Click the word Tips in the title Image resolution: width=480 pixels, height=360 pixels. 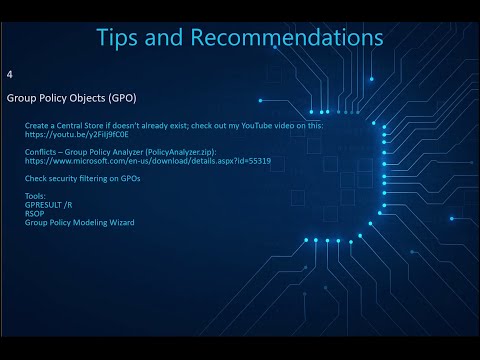pyautogui.click(x=121, y=37)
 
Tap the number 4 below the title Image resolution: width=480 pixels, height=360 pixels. pyautogui.click(x=9, y=75)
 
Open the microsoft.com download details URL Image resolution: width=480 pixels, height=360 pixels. pyautogui.click(x=148, y=161)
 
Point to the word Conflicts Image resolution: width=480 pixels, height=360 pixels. pyautogui.click(x=42, y=152)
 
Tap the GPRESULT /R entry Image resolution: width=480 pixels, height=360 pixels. pyautogui.click(x=49, y=205)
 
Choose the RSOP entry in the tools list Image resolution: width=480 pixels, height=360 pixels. pyautogui.click(x=35, y=213)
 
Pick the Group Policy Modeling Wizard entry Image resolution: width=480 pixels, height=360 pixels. pyautogui.click(x=80, y=222)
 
